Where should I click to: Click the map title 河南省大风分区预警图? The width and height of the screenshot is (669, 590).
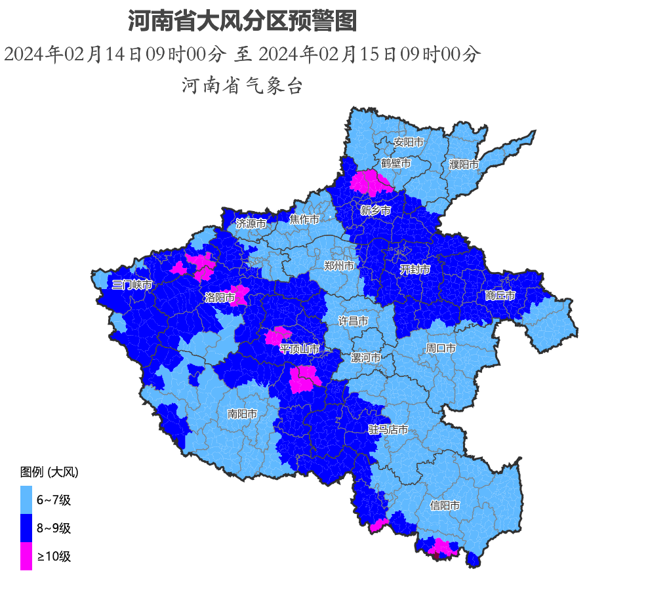point(242,22)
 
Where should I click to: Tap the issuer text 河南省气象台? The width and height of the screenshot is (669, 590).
point(242,85)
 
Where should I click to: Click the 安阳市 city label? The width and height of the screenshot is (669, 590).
point(408,142)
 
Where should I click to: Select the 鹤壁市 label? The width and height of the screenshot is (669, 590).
point(395,163)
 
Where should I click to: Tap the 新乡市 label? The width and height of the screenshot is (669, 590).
point(375,210)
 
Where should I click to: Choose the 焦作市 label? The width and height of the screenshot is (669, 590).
point(304,219)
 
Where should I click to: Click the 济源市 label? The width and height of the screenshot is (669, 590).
point(251,224)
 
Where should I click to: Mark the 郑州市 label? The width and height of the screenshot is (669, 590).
point(338,265)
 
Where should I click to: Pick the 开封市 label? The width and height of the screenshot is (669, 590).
point(415,269)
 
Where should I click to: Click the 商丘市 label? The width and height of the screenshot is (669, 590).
point(500,296)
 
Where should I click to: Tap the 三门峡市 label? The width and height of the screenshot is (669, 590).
point(131,285)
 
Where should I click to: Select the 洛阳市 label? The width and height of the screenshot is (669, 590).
point(220,298)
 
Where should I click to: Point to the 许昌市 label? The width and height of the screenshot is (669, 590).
point(353,321)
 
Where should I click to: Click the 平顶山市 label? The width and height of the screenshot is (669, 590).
point(299,349)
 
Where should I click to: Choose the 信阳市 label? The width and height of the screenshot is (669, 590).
point(444,505)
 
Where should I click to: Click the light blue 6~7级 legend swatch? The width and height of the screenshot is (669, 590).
point(26,500)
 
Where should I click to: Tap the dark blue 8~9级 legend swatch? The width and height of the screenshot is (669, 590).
point(26,528)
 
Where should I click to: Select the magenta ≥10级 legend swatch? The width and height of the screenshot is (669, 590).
point(26,557)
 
